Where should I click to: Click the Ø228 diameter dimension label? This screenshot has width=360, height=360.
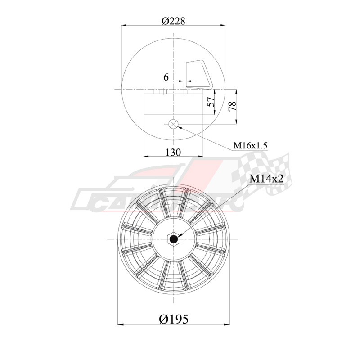(x=173, y=21)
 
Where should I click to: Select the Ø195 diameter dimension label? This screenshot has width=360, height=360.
(x=173, y=319)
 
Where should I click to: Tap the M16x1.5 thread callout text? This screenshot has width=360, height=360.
(x=250, y=145)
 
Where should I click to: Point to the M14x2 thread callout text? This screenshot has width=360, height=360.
(x=266, y=179)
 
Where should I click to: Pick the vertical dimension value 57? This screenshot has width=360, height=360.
(x=210, y=102)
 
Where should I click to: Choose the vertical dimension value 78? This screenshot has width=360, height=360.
(x=232, y=106)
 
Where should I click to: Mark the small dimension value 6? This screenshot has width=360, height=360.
(x=166, y=77)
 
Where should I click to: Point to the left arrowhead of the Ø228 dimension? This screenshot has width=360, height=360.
(x=124, y=26)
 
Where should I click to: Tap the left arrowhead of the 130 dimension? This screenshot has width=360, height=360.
(x=146, y=156)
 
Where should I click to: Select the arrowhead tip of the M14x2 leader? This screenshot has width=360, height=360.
(x=177, y=236)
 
